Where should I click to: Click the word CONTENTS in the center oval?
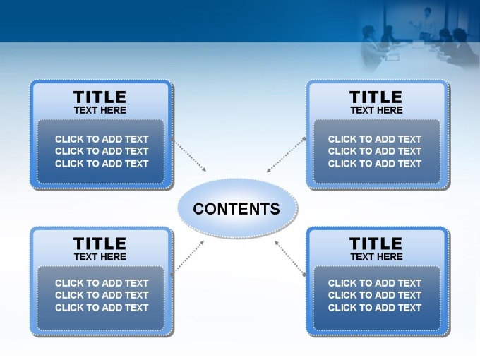pos(236,209)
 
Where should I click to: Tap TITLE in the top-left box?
pos(100,97)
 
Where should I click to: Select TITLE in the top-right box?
pos(376,97)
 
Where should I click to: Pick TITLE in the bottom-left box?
pos(100,244)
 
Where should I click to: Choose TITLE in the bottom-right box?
pos(376,244)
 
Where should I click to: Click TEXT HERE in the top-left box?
pos(100,110)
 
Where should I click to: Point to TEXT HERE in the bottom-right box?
pos(376,256)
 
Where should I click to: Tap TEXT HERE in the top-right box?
pos(376,110)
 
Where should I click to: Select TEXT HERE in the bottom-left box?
pos(100,256)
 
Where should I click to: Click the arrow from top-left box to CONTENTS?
pos(189,155)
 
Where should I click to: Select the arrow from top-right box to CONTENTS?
pos(286,155)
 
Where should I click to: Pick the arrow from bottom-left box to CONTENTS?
pos(188,258)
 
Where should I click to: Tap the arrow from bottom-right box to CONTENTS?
pos(289,258)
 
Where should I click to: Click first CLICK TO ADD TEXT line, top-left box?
pos(102,139)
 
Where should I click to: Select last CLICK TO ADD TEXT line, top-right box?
pos(375,164)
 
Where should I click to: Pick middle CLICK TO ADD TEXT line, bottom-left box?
pos(102,295)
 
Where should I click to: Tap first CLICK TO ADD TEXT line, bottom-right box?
pos(375,283)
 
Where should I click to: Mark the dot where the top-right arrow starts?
pos(304,139)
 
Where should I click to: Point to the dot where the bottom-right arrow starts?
pos(304,275)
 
